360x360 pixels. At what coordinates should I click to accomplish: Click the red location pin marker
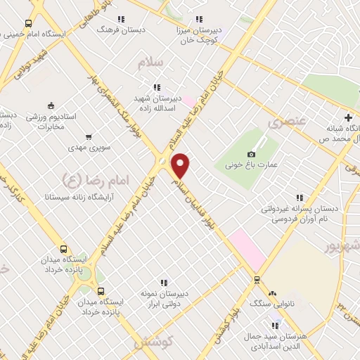(181, 166)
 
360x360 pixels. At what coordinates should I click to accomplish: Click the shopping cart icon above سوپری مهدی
(88, 137)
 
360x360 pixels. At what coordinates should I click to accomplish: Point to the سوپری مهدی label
(86, 148)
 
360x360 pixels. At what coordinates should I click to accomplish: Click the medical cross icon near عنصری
(347, 117)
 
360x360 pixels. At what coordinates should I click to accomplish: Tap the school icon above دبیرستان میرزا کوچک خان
(199, 19)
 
